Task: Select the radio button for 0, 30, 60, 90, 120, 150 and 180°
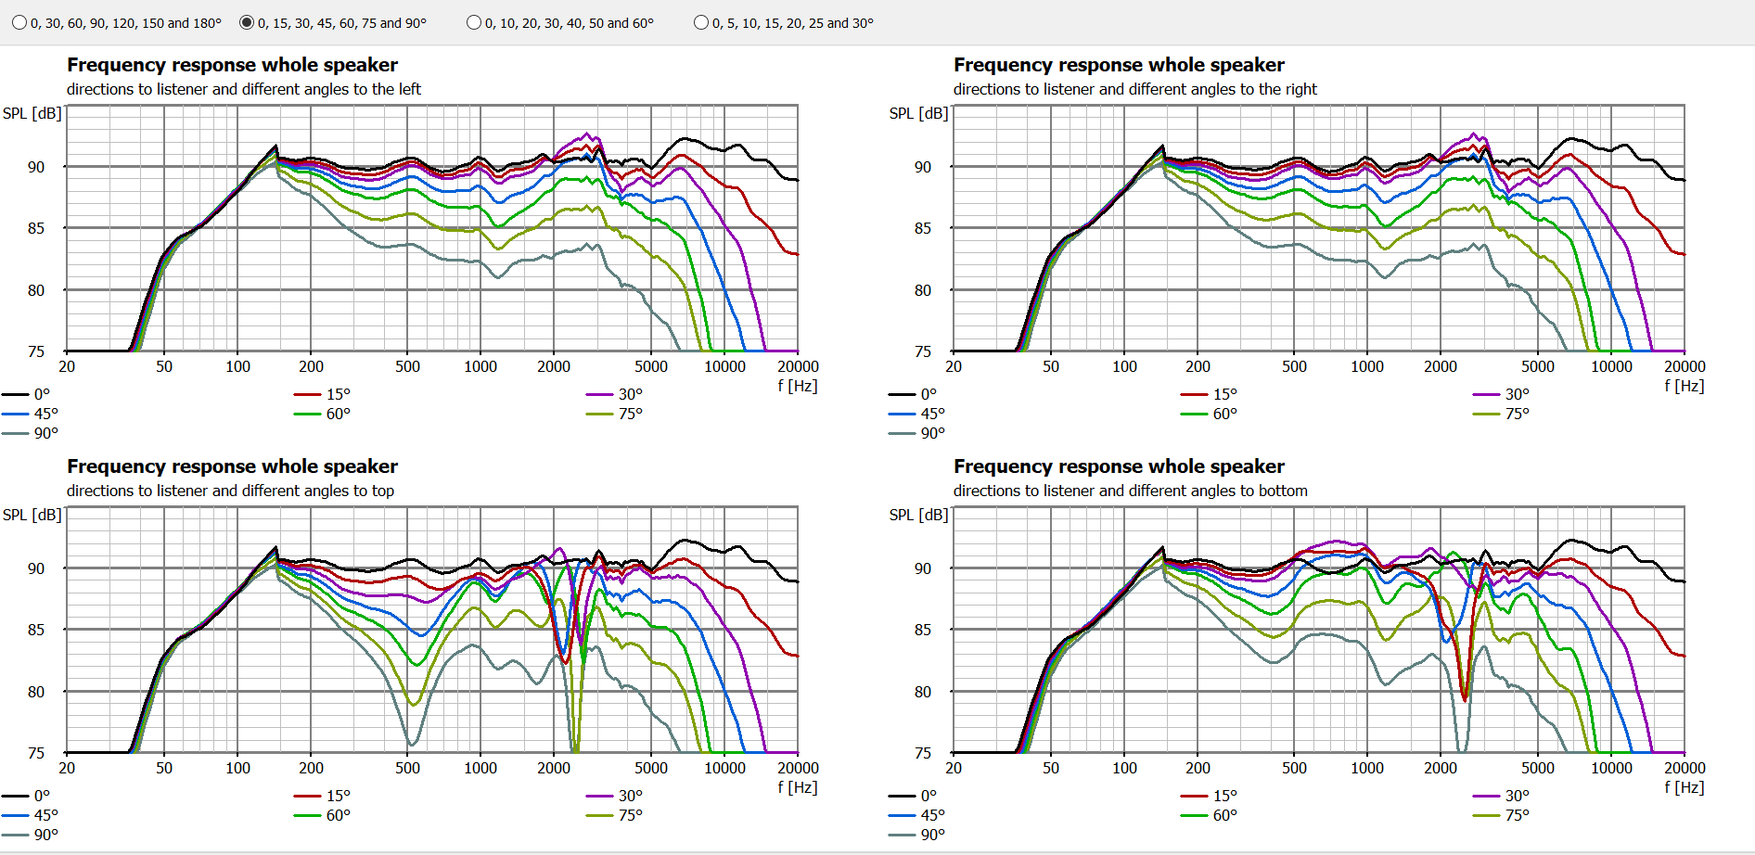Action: click(x=19, y=23)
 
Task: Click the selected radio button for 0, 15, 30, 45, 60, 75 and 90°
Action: click(x=247, y=23)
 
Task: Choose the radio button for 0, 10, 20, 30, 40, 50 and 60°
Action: click(x=474, y=23)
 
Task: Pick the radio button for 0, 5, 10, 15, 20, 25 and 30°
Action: click(x=701, y=23)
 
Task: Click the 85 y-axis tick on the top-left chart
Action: click(x=36, y=228)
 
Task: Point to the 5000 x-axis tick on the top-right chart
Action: click(x=1537, y=366)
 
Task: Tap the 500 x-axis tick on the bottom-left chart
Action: click(x=407, y=768)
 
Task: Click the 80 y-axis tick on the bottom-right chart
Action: click(x=922, y=692)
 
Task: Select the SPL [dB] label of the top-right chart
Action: click(x=918, y=113)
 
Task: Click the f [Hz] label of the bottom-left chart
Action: click(x=797, y=787)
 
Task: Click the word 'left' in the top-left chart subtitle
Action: click(x=409, y=89)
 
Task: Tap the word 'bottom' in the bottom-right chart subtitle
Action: click(x=1283, y=491)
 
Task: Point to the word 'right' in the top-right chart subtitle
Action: click(x=1301, y=89)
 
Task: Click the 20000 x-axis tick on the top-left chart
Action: click(x=798, y=366)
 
